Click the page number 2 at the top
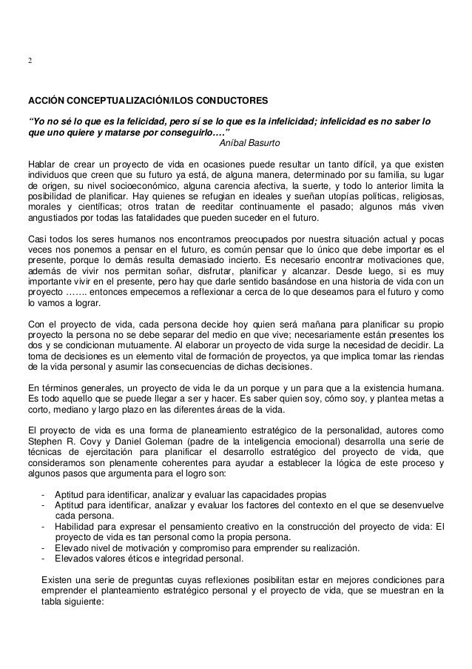(30, 61)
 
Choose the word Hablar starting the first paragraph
(42, 163)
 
